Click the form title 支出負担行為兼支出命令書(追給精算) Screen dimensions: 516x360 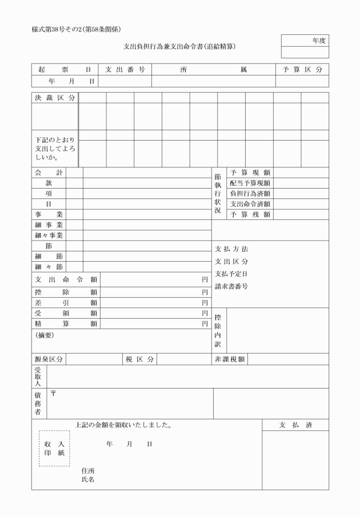click(180, 46)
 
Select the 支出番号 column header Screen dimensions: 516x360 click(125, 70)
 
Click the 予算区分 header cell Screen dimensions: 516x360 click(302, 70)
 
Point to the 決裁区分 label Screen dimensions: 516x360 click(55, 98)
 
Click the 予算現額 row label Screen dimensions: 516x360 click(250, 173)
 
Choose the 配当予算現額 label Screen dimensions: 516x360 click(250, 183)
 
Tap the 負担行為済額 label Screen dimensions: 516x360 click(250, 194)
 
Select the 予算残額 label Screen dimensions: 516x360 click(250, 215)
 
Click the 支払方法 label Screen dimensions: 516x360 click(231, 249)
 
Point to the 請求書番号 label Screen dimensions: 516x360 click(231, 286)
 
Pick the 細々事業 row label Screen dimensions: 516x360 click(49, 235)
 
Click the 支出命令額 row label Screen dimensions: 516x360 click(66, 280)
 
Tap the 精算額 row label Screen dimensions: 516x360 click(66, 323)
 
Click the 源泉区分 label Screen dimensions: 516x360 click(49, 359)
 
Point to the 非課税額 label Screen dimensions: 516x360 click(230, 359)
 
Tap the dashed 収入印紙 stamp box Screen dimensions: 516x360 click(54, 449)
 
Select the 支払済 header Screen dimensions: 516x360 click(295, 425)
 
